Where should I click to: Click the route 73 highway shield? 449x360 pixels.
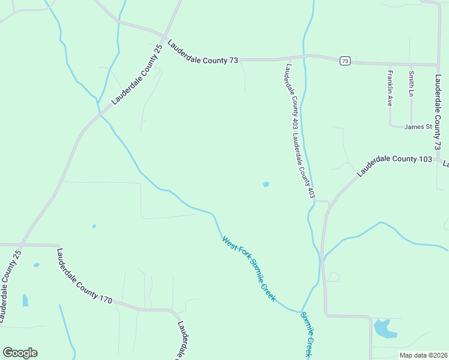point(345,61)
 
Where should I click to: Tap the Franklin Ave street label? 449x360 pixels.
point(390,89)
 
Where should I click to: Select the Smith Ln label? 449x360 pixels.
point(411,84)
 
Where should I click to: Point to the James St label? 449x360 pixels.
point(418,127)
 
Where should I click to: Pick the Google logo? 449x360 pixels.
point(20,353)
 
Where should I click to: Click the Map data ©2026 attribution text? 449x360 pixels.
point(423,355)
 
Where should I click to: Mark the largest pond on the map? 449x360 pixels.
point(383,328)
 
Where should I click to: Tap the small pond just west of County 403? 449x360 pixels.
point(266,184)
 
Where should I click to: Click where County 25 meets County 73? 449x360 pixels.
point(164,35)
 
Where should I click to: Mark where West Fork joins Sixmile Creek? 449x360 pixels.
point(301,311)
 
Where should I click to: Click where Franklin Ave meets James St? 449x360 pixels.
point(390,126)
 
